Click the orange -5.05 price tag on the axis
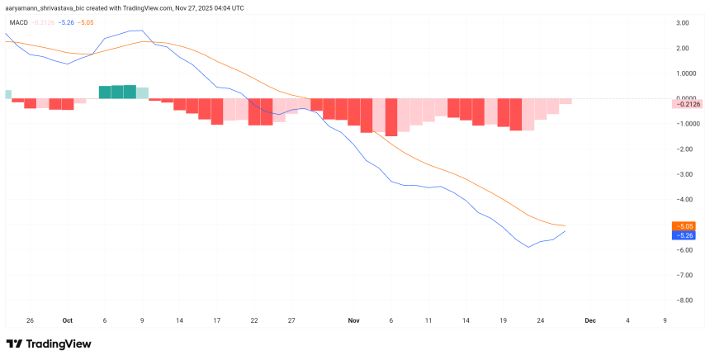click(684, 225)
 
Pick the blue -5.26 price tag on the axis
click(684, 235)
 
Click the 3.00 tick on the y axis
click(683, 22)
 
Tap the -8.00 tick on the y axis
click(682, 301)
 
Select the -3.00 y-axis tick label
click(682, 174)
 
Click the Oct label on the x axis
click(68, 320)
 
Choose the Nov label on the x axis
click(354, 320)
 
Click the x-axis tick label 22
click(254, 320)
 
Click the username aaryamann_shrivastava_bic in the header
click(50, 7)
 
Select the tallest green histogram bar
click(130, 92)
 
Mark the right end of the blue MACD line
click(565, 232)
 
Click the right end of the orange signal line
click(566, 225)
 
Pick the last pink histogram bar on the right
click(566, 102)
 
